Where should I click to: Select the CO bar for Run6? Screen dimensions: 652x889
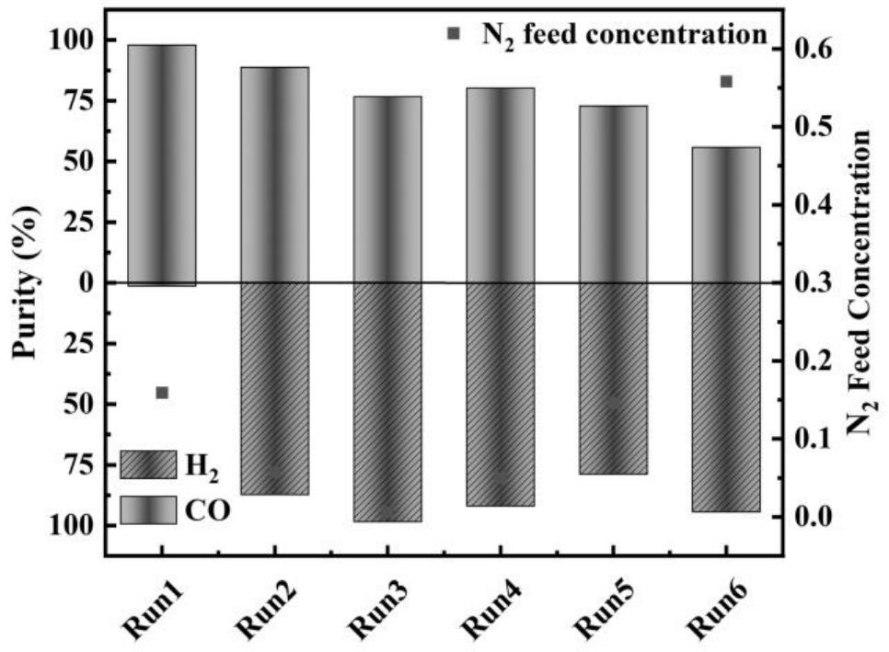click(726, 214)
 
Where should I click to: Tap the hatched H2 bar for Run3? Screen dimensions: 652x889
click(387, 402)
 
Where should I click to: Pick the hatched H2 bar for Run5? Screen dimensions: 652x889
click(613, 378)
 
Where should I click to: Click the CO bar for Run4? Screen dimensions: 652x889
click(501, 185)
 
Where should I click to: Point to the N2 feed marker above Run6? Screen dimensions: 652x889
click(726, 82)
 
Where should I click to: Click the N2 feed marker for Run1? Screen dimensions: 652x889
click(162, 393)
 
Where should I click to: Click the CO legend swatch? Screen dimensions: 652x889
click(147, 509)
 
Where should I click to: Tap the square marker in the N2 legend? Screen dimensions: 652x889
click(453, 34)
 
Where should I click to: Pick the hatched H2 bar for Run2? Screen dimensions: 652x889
click(274, 388)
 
